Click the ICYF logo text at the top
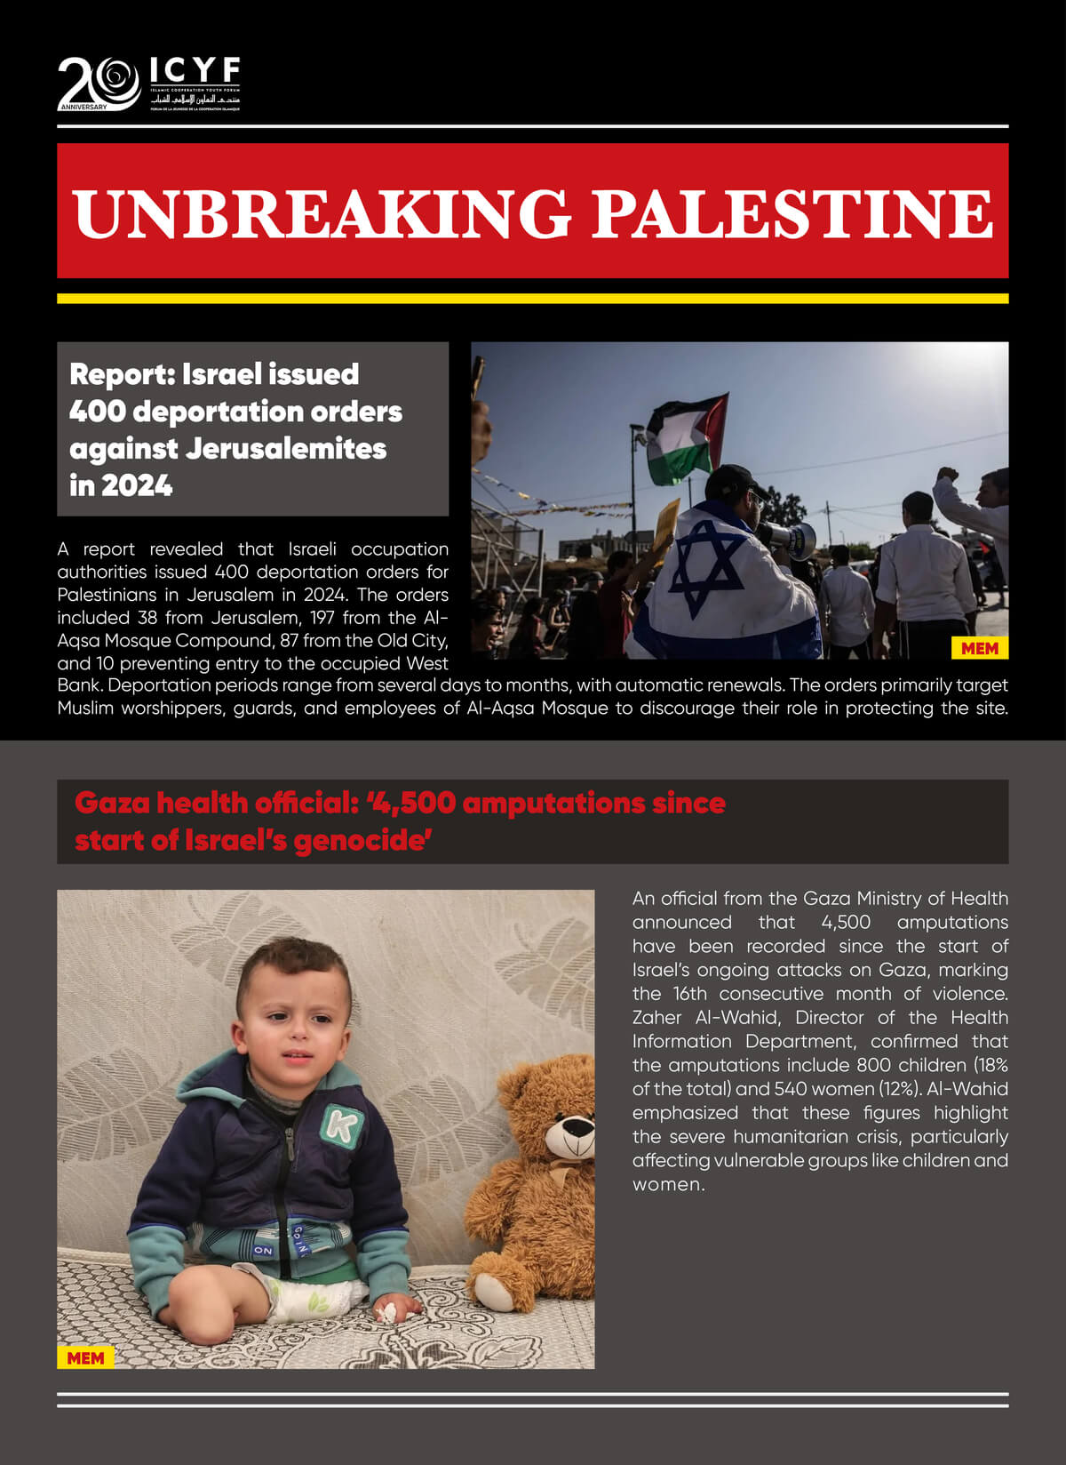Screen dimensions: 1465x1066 coord(195,69)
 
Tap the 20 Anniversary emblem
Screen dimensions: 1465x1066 coord(99,84)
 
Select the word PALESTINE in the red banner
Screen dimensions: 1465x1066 coord(792,212)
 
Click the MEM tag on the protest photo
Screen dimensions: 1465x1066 coord(979,648)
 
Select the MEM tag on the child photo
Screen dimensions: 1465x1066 coord(85,1357)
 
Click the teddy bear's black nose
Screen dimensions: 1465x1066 coord(578,1127)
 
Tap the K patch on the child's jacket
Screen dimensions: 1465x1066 coord(341,1125)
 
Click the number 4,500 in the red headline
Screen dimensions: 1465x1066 coord(415,803)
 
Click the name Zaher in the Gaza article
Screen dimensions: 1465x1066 coord(656,1017)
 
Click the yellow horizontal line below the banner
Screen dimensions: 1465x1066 coord(532,299)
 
